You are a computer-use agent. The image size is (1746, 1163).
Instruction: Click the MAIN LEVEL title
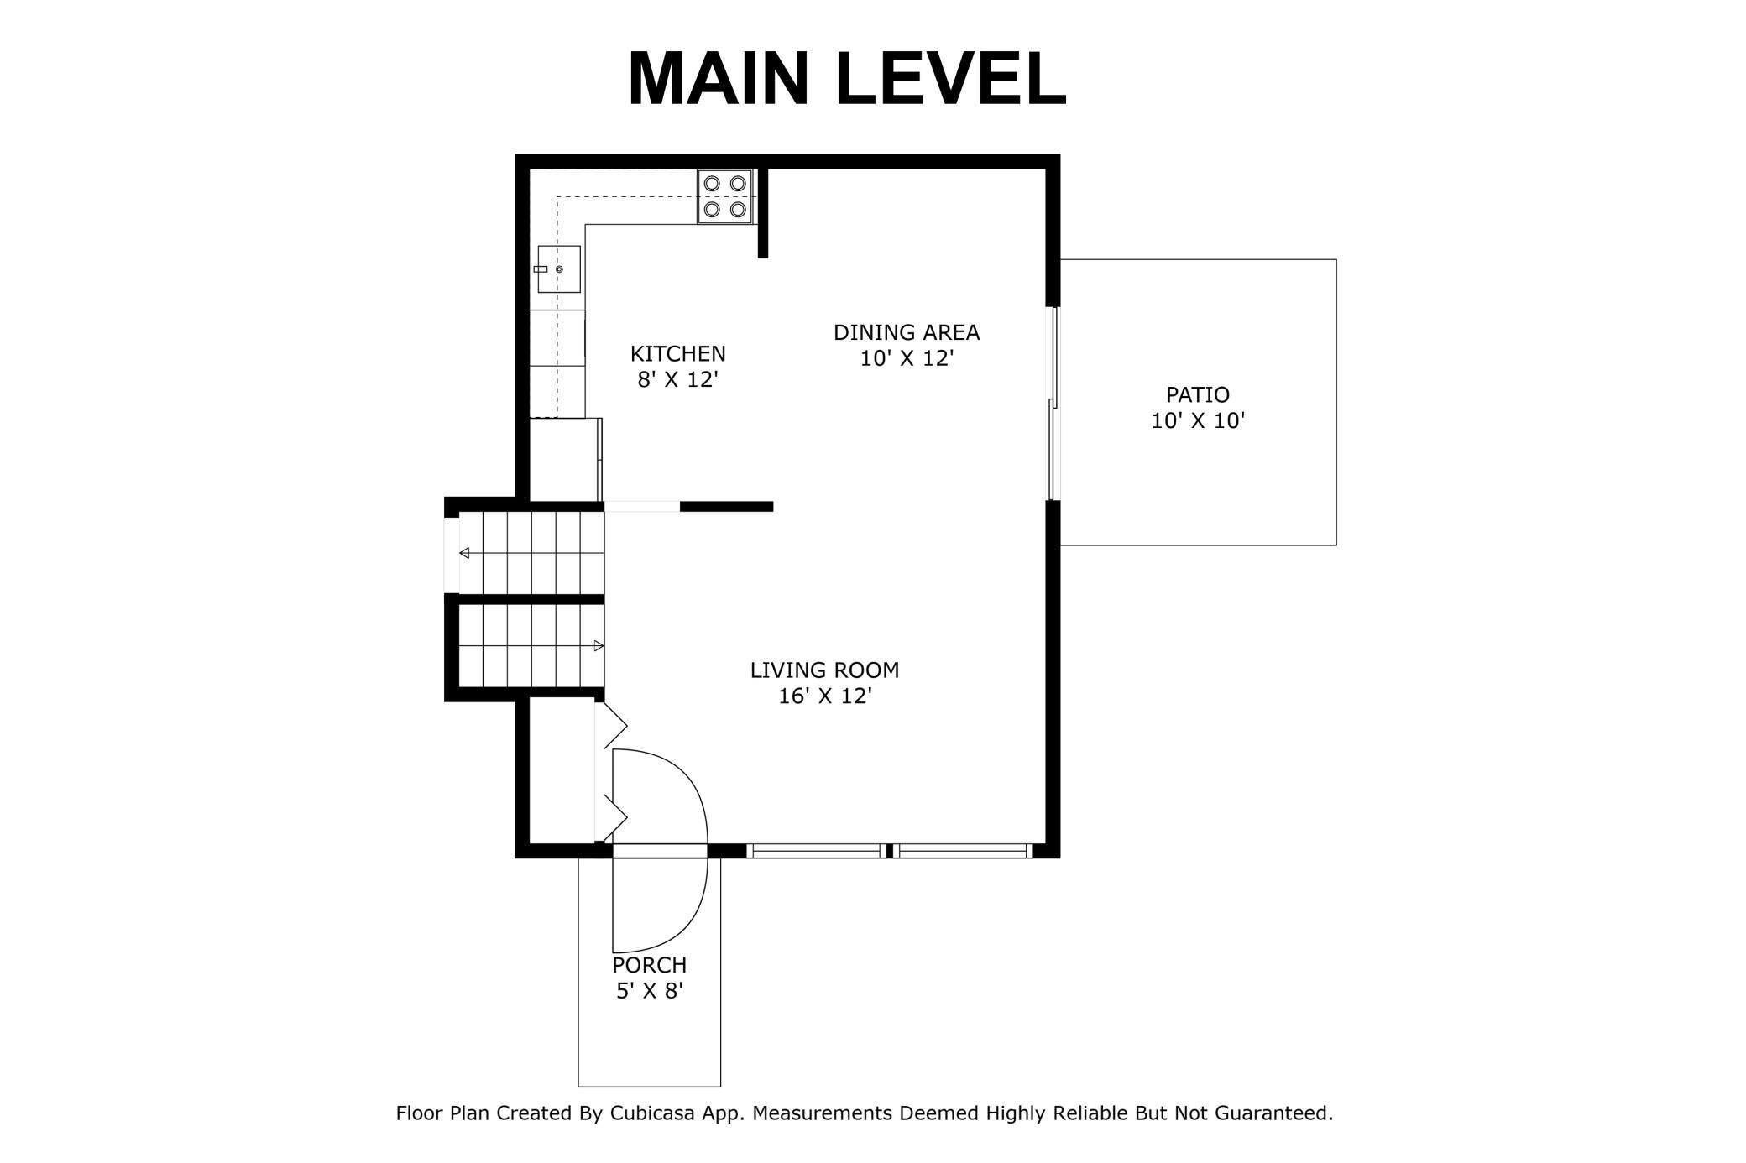[x=847, y=78]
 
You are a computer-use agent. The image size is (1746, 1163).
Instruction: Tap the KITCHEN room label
[x=678, y=353]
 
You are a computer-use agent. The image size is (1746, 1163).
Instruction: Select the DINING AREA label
[x=907, y=332]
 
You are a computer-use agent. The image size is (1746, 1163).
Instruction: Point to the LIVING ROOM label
[x=824, y=670]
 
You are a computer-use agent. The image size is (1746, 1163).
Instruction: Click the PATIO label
[x=1198, y=394]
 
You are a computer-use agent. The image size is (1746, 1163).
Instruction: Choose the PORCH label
[x=650, y=965]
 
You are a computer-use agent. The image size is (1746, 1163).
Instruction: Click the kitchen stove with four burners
[x=725, y=196]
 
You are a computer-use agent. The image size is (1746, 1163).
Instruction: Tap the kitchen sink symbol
[x=558, y=269]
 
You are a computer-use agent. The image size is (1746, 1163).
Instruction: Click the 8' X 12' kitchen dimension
[x=678, y=379]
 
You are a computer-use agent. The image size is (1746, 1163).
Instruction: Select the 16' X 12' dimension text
[x=825, y=696]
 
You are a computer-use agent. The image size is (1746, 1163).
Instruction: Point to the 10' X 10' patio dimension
[x=1198, y=420]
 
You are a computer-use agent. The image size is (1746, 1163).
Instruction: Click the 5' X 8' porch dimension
[x=650, y=991]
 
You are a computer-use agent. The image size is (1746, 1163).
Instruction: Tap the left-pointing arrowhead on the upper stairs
[x=464, y=553]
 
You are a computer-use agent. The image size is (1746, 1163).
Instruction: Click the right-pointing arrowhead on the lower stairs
[x=599, y=646]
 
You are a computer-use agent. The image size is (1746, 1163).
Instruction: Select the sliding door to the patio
[x=1053, y=404]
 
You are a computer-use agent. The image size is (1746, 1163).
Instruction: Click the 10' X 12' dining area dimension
[x=907, y=358]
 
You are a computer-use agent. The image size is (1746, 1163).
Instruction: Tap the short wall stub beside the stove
[x=763, y=213]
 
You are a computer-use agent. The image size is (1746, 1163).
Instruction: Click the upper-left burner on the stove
[x=712, y=183]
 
